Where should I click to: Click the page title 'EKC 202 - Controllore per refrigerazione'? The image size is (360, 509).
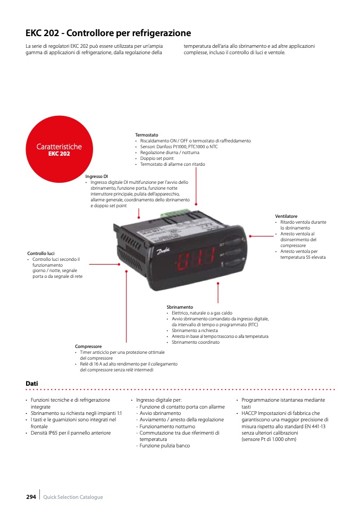108,33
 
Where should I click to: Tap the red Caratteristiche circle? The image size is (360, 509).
59,149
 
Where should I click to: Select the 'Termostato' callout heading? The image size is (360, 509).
147,135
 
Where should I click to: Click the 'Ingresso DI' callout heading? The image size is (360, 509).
96,176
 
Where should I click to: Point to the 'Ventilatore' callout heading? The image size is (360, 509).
286,216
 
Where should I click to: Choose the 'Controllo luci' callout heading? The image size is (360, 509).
41,253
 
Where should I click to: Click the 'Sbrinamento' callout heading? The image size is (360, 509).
180,307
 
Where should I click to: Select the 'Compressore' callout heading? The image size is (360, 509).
88,346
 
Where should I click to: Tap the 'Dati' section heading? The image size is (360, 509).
32,384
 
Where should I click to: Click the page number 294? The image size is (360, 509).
31,497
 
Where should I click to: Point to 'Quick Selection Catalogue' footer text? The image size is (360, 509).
73,497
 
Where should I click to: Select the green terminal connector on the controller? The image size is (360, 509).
175,213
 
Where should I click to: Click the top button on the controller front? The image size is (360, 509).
233,242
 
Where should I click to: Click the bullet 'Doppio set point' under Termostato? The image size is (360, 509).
157,158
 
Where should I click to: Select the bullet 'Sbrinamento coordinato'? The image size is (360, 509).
196,342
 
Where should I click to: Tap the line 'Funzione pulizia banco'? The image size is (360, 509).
165,446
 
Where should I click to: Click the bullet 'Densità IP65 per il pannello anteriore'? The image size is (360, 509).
71,432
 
